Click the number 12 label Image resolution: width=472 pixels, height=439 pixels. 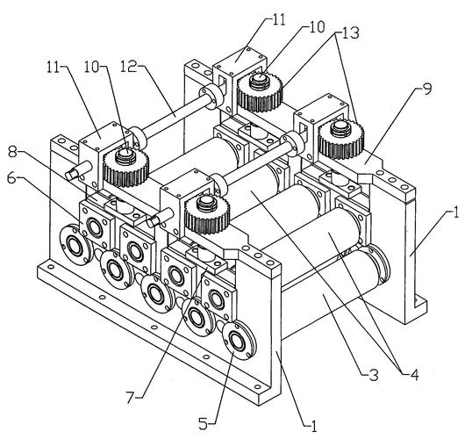(129, 67)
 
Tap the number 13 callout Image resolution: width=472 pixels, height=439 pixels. (350, 33)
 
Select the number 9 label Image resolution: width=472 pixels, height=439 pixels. (427, 90)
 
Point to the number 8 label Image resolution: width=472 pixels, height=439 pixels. (12, 153)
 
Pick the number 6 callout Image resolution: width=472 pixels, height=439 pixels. (11, 178)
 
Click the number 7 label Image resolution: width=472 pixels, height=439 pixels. (130, 399)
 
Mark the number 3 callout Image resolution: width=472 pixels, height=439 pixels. (374, 376)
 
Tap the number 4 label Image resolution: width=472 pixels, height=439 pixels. (414, 375)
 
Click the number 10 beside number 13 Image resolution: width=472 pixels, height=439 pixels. (317, 27)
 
